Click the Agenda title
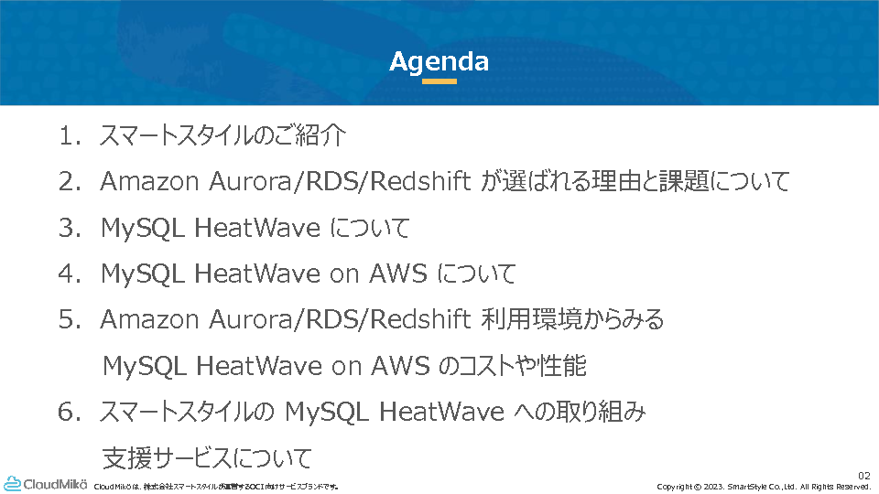[439, 62]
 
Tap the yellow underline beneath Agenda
[439, 81]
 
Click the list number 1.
[70, 136]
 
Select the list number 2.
[70, 182]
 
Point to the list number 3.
[70, 228]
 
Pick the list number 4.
[70, 274]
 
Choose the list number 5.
[70, 320]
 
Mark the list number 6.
[70, 413]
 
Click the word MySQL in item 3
[143, 229]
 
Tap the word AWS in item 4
[398, 274]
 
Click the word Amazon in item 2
[149, 182]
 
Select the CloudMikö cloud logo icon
[12, 484]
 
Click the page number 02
[863, 476]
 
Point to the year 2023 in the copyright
[713, 487]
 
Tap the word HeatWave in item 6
[441, 413]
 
